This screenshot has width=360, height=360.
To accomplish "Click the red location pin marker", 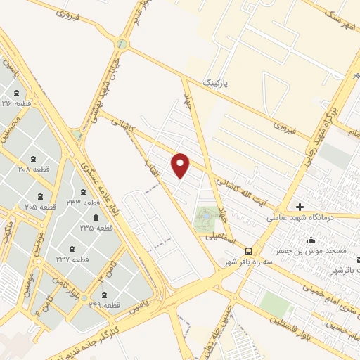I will click(181, 165).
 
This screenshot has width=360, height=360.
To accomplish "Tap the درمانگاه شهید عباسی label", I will click(297, 218).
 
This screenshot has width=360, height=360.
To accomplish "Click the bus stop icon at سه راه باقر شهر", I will click(248, 251).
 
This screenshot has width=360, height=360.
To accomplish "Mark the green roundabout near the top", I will click(123, 44).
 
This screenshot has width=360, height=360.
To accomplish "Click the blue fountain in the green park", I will click(205, 214).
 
